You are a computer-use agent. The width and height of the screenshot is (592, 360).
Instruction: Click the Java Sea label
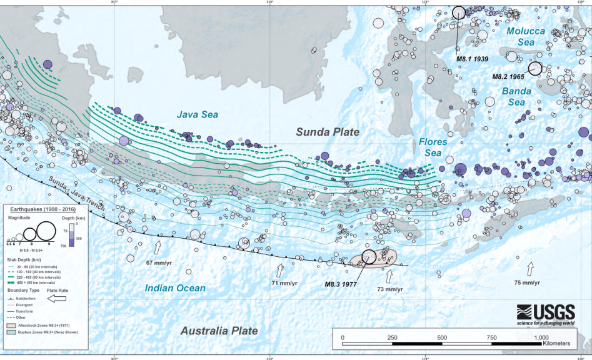tap(198, 114)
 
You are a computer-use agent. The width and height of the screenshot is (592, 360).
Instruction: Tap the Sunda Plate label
tap(328, 132)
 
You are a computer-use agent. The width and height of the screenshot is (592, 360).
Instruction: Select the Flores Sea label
tap(433, 147)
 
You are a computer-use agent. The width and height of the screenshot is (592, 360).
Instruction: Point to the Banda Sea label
tap(516, 97)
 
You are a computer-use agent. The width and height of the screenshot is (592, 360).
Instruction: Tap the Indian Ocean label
tap(175, 288)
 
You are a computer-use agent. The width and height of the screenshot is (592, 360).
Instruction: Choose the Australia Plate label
tap(219, 331)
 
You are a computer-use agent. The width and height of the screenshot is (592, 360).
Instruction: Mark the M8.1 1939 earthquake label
tap(472, 59)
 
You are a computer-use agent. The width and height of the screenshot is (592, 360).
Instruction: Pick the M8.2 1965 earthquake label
tap(508, 76)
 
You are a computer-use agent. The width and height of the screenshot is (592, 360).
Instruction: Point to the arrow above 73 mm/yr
tap(390, 276)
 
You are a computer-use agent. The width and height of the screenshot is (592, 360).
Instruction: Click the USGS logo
tap(545, 314)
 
